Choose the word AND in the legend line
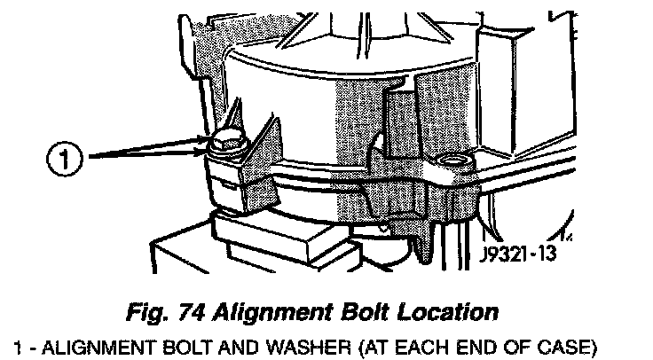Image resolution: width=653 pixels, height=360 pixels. [201, 343]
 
